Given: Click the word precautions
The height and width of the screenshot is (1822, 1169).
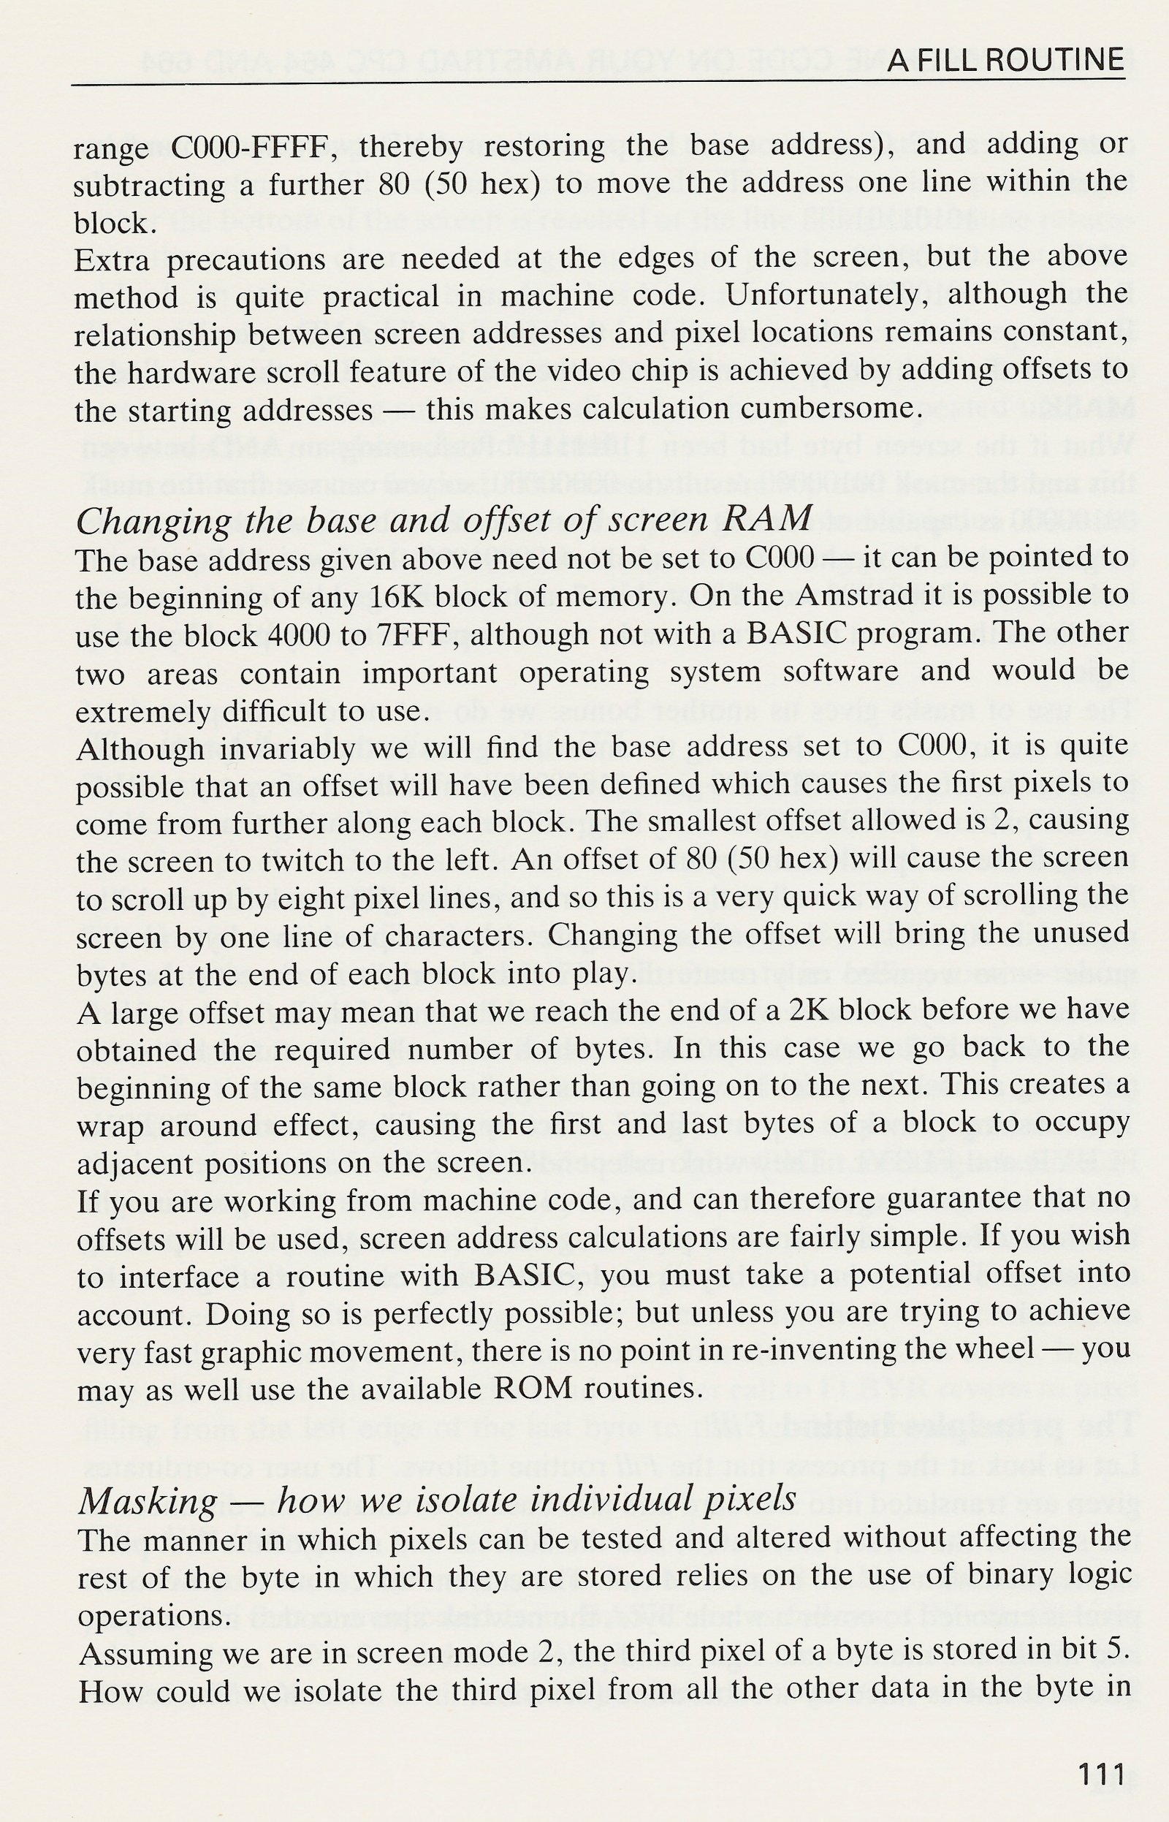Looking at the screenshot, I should (248, 259).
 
